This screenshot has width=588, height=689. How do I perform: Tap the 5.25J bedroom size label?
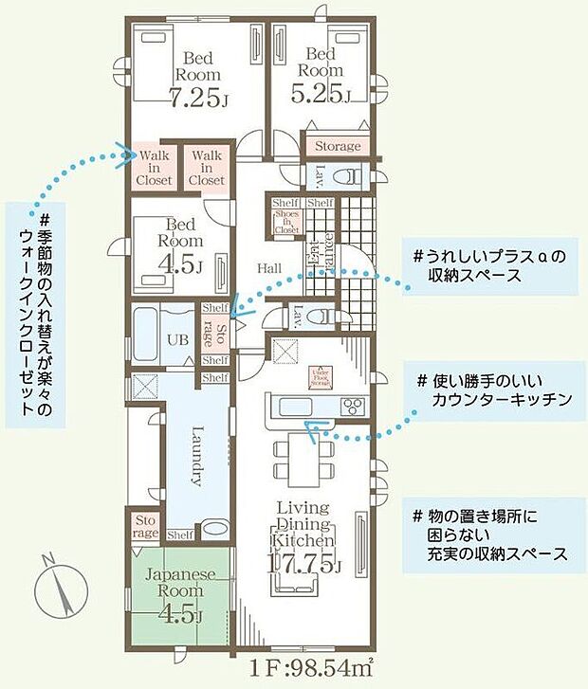click(321, 95)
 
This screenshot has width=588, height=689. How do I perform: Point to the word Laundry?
click(196, 459)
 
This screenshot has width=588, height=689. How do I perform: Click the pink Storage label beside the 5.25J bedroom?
click(337, 147)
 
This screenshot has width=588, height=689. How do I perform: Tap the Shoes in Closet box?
click(285, 222)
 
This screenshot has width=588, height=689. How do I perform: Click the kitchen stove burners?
click(352, 407)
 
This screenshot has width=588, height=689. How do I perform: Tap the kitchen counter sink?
click(288, 408)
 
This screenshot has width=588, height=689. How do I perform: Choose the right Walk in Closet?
click(206, 167)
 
